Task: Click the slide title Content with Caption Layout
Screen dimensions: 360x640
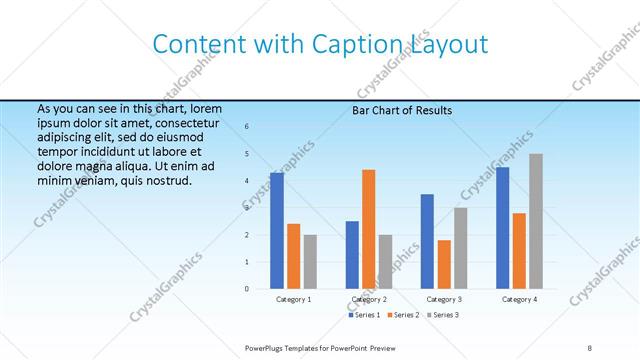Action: coord(320,44)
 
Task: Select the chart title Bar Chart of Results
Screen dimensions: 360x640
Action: coord(401,110)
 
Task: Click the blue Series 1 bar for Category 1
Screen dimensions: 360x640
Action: coord(277,230)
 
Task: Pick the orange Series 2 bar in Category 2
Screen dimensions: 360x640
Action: coord(368,229)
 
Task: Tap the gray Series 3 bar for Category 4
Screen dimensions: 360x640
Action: coord(535,221)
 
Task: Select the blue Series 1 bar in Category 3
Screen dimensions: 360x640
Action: coord(427,241)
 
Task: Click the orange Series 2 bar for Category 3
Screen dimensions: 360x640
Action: coord(444,264)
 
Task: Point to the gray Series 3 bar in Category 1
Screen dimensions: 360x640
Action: coord(310,261)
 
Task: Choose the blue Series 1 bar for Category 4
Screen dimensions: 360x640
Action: coord(502,227)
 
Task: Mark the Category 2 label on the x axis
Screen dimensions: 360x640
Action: coord(369,299)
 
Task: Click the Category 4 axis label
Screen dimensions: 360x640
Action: coord(519,299)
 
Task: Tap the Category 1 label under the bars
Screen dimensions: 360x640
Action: coord(294,299)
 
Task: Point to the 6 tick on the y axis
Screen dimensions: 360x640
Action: coord(247,127)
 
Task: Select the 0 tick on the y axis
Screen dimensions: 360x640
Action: coord(247,288)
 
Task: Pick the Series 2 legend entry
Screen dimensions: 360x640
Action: coord(404,315)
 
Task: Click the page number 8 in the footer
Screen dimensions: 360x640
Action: coord(589,347)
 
